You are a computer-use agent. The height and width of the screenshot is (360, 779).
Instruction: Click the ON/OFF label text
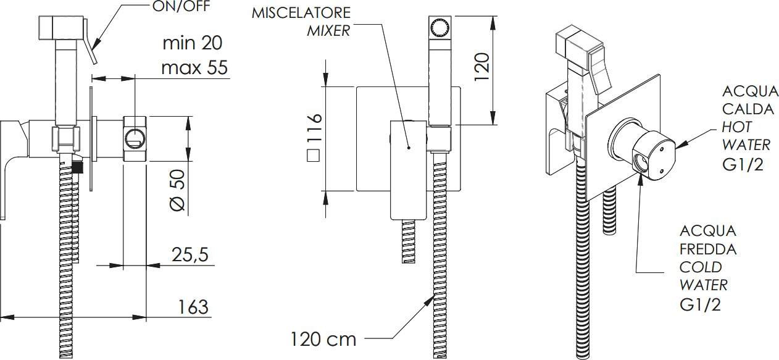[181, 6]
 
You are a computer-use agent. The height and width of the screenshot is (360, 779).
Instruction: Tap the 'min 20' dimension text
[193, 43]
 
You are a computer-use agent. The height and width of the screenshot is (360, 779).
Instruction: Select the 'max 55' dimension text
[194, 67]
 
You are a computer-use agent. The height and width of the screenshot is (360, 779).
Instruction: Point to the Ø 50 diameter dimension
[178, 190]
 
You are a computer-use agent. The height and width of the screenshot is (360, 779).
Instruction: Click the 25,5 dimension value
[190, 254]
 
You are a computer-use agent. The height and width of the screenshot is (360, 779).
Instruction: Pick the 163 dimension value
[193, 307]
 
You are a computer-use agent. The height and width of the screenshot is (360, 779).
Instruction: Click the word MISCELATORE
[301, 13]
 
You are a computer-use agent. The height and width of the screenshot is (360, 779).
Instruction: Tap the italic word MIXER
[328, 31]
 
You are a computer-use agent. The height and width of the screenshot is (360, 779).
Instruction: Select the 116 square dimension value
[314, 128]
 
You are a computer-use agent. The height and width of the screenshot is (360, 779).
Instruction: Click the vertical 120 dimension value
[482, 67]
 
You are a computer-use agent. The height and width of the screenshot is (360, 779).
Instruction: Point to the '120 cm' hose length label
[323, 339]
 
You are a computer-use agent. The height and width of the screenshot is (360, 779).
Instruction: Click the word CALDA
[748, 109]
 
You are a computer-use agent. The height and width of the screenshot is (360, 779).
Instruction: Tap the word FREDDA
[708, 249]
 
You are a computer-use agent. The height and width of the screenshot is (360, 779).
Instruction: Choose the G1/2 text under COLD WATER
[700, 304]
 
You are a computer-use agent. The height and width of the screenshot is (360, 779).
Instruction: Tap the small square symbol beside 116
[314, 155]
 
